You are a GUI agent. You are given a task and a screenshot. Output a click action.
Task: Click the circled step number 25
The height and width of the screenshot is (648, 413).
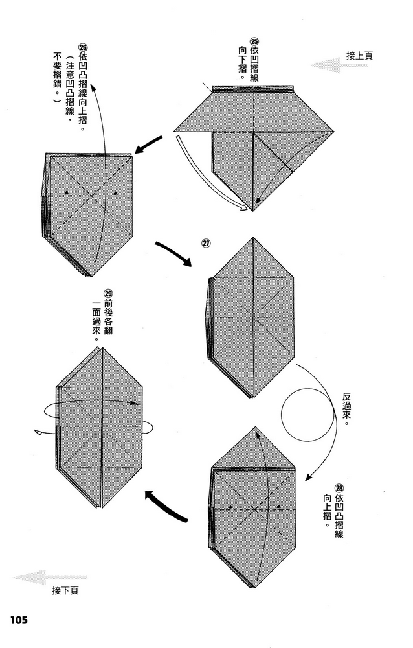(x=254, y=41)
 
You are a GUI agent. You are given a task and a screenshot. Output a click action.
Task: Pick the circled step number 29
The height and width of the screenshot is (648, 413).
(x=108, y=294)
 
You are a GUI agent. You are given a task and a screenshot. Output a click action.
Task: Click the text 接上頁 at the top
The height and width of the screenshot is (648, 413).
(x=359, y=56)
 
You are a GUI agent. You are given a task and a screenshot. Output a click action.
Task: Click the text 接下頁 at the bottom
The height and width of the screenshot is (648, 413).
(x=65, y=590)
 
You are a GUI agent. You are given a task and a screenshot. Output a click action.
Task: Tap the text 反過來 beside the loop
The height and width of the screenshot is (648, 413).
(x=347, y=409)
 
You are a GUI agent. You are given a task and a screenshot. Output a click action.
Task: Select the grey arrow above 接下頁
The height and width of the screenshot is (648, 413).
(x=50, y=577)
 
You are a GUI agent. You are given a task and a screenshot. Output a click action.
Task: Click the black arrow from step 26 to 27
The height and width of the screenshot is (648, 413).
(x=173, y=252)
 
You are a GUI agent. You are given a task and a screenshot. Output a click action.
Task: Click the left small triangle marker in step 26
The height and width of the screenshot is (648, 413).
(x=65, y=193)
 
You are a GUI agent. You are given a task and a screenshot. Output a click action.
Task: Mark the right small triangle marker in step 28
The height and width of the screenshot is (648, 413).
(x=279, y=505)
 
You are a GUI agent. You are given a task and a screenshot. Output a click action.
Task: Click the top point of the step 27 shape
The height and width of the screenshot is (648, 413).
(x=252, y=238)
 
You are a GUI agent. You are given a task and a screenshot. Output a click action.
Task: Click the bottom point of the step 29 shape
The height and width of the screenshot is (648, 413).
(x=100, y=509)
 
